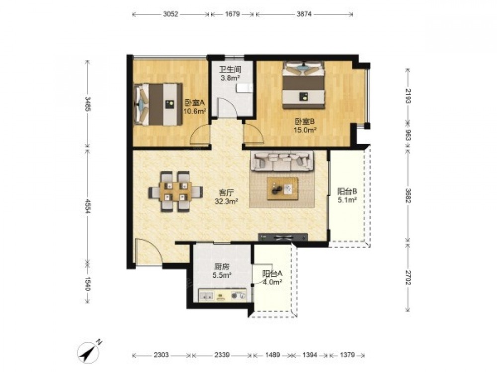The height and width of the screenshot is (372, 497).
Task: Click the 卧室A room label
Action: point(195,103)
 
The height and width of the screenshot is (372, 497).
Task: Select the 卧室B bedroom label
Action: point(305,121)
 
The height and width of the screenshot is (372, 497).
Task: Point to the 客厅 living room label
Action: point(226,192)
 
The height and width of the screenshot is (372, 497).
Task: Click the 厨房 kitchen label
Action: point(221,267)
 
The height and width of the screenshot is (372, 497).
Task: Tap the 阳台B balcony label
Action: point(347,191)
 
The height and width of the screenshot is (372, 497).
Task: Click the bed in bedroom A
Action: point(159,104)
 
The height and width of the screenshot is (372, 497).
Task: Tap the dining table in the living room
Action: point(175,191)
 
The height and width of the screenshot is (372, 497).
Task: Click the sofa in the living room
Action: point(282,161)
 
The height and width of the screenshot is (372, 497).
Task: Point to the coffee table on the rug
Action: point(282,188)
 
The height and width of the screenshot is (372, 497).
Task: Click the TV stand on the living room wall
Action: point(283,237)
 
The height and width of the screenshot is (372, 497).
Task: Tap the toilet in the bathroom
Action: point(245,88)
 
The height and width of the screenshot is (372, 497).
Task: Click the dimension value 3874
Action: point(304,14)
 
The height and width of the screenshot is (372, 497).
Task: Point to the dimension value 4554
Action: point(88,205)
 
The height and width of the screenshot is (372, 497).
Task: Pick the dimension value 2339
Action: point(222,355)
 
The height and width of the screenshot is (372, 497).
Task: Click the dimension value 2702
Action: point(408,277)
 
